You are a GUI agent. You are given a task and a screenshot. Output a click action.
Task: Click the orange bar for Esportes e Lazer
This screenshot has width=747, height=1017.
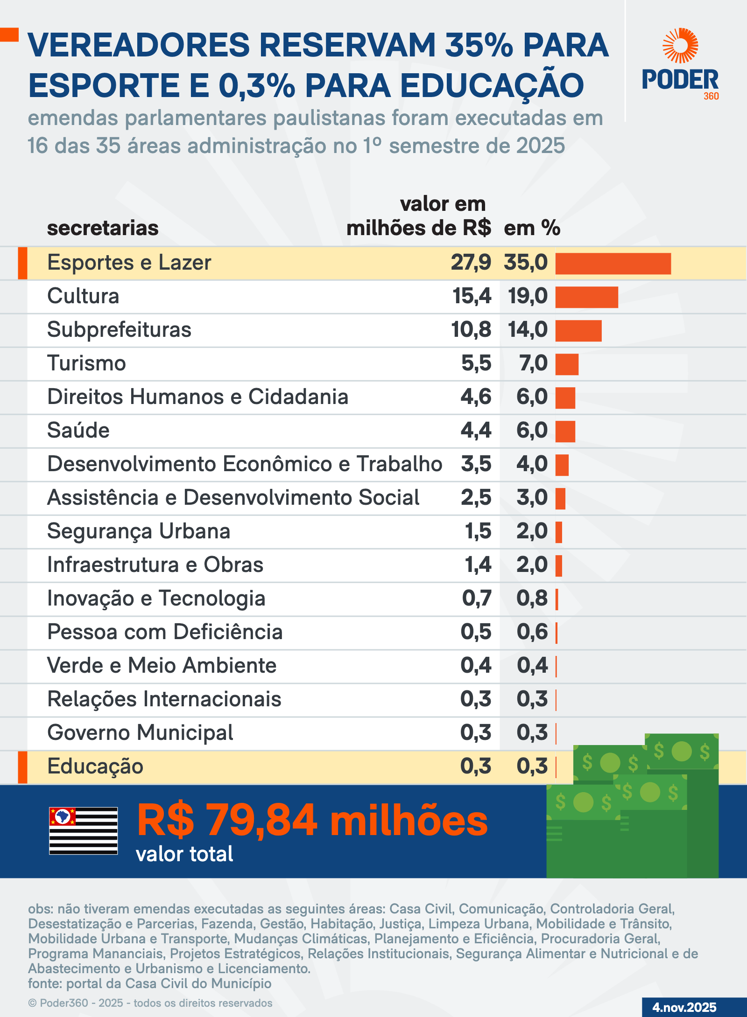(x=613, y=264)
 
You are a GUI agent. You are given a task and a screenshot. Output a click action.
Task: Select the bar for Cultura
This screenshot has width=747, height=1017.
(x=586, y=297)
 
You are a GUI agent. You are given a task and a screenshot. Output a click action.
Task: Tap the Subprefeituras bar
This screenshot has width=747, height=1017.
(x=578, y=331)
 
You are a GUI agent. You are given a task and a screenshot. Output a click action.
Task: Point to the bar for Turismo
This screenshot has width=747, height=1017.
(x=567, y=364)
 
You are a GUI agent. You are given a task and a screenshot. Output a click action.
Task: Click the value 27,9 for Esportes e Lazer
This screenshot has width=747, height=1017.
(x=471, y=263)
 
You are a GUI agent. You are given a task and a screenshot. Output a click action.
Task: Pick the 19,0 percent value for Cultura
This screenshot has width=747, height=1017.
(x=528, y=296)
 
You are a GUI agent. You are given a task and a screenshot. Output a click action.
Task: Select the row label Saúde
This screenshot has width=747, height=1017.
(x=78, y=431)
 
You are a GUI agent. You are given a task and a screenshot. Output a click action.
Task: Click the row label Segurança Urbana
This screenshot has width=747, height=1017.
(x=139, y=531)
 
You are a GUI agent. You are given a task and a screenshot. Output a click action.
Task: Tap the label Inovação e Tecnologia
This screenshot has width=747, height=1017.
(x=156, y=599)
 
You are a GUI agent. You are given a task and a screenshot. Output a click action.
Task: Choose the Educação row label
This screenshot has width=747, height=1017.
(x=95, y=766)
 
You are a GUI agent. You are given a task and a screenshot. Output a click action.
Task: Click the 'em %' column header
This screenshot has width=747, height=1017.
(x=532, y=228)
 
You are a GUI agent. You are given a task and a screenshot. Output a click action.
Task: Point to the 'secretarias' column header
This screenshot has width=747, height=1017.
(x=103, y=228)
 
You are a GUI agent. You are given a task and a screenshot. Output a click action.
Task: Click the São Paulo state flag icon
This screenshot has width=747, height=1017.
(x=84, y=830)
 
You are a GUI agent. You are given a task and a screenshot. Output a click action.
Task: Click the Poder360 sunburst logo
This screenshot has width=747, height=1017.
(x=680, y=46)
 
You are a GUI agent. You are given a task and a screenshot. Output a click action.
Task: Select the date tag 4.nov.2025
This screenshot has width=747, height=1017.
(x=684, y=1007)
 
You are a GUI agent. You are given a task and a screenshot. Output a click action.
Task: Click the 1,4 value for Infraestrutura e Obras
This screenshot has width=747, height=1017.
(x=478, y=565)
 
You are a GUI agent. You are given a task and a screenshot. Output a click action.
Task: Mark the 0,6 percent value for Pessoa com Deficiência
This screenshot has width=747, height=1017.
(x=532, y=632)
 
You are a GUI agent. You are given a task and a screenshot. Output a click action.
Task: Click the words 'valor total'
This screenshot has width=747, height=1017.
(x=184, y=854)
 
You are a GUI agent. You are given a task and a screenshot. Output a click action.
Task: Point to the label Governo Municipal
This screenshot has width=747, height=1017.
(x=140, y=733)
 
